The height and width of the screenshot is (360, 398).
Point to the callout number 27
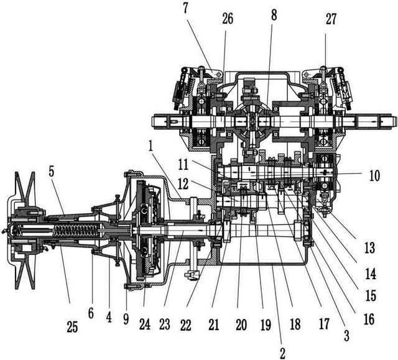330,19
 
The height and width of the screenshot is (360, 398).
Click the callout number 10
372,176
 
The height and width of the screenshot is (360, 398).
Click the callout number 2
282,353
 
